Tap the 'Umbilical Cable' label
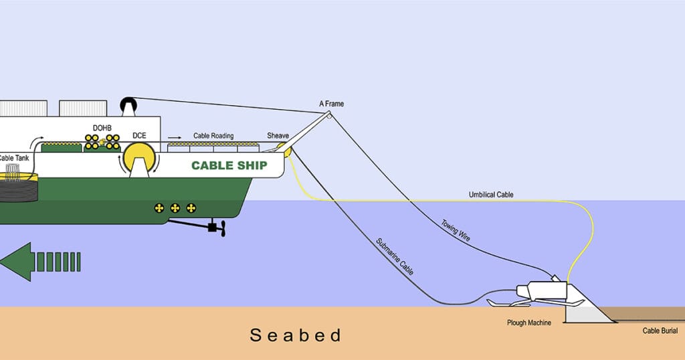[x=491, y=195]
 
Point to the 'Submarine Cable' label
[x=394, y=257]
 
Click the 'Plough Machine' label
[x=529, y=323]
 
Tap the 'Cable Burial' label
[x=660, y=331]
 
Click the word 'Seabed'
[x=296, y=335]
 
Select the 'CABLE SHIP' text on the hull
[x=229, y=165]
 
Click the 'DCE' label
[x=139, y=136]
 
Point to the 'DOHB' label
[x=102, y=127]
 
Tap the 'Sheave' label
[x=278, y=136]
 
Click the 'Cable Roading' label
[x=213, y=136]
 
